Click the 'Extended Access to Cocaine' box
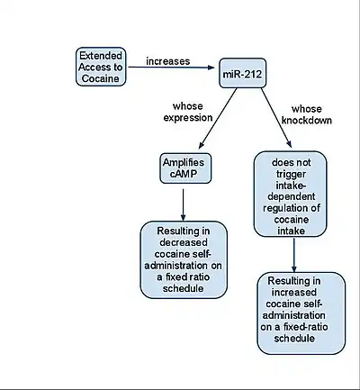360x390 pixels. point(101,67)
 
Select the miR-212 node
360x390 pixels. point(242,73)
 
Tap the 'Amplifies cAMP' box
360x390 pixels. point(185,168)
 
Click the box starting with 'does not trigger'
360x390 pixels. point(290,194)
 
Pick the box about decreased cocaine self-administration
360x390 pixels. point(184,259)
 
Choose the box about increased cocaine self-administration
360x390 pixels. point(301,313)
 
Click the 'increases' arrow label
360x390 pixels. point(168,61)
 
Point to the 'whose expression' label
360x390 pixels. point(188,112)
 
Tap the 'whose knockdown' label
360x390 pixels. point(307,114)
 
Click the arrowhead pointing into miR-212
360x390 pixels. point(211,68)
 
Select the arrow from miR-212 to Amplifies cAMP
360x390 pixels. point(218,118)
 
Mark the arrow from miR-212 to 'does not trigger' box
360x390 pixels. point(276,118)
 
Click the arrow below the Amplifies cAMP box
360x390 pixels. point(183,205)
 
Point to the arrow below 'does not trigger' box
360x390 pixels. point(294,255)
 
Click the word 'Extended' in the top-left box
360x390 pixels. point(101,56)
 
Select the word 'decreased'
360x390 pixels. point(184,242)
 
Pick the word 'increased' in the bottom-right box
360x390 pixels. point(294,292)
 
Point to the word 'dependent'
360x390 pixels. point(292,196)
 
